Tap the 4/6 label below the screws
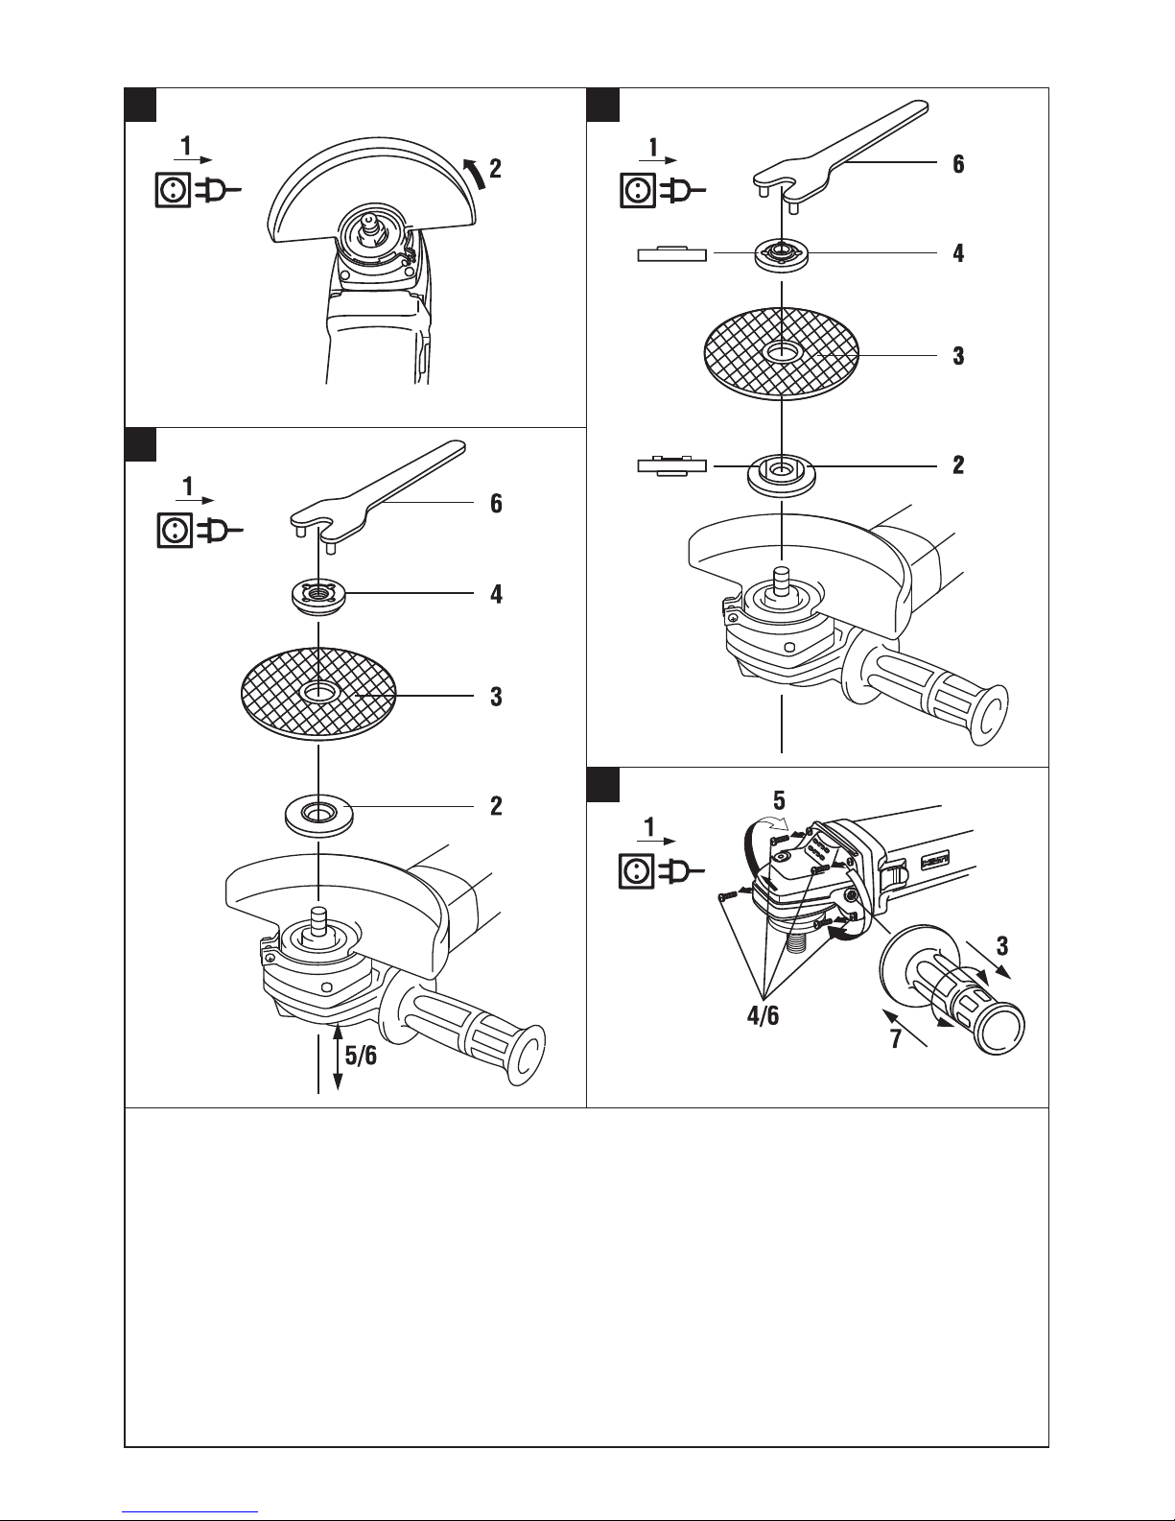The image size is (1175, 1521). coord(763,1015)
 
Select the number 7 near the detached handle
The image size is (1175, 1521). coord(896,1038)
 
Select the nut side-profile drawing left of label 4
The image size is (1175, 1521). coord(672,253)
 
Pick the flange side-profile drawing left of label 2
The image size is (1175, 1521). coord(672,465)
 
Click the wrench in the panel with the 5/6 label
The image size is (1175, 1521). coord(378,498)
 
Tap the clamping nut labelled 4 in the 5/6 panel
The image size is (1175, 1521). coord(318,597)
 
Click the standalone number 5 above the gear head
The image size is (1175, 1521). coord(779,800)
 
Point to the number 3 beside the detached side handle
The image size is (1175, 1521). coord(1002,946)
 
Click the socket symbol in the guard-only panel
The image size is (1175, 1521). coord(172,190)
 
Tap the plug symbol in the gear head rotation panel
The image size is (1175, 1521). coord(683,871)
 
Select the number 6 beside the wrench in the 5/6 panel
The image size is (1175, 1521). coord(496,503)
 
